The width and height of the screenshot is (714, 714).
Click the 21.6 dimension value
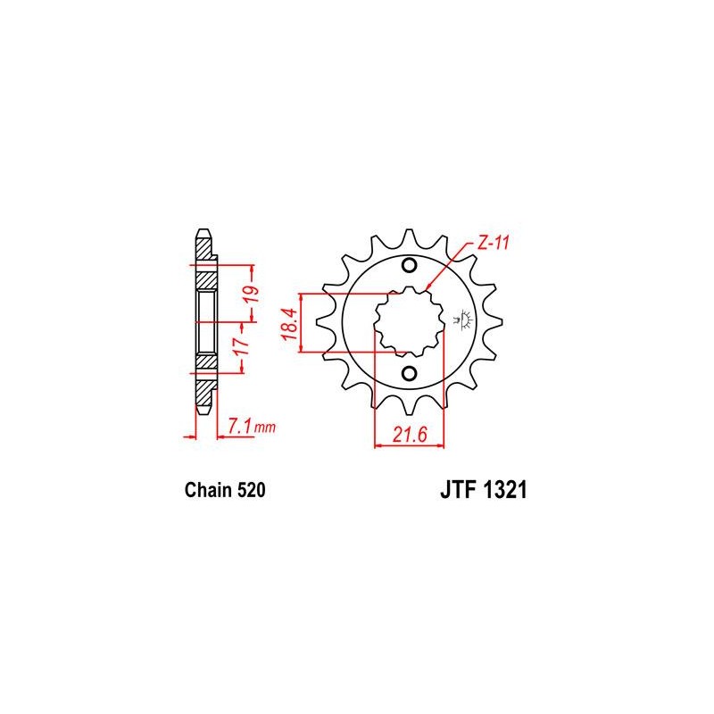coord(410,435)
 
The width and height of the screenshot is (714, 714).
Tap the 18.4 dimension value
coord(289,324)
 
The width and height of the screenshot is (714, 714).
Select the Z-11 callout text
coord(493,243)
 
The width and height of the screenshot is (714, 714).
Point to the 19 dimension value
coord(253,295)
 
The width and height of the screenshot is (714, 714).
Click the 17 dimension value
coord(242,346)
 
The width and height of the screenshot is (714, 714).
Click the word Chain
coord(209,490)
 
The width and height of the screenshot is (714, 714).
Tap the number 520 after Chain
coord(251,490)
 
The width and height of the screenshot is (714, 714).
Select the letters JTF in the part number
coord(458,490)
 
